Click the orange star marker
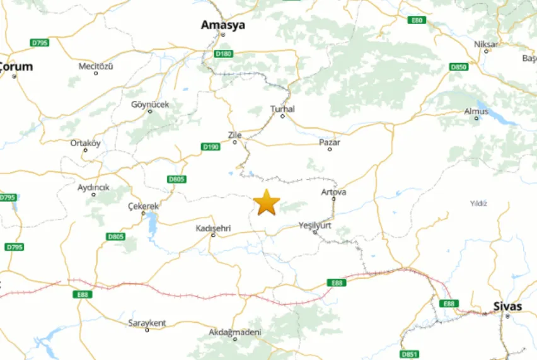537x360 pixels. click(267, 202)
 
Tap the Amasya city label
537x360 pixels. click(222, 25)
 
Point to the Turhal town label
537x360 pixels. click(282, 109)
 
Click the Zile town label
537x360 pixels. click(234, 135)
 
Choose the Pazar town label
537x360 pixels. click(330, 142)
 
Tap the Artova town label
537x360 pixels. click(333, 192)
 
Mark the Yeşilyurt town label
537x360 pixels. click(315, 225)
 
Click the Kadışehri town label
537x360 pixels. click(213, 227)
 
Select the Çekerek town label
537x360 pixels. click(144, 206)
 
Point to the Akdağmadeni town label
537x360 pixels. click(235, 332)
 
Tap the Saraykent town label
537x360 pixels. click(147, 323)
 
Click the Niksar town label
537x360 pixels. click(485, 44)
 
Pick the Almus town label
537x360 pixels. click(476, 111)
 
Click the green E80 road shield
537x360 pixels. click(417, 20)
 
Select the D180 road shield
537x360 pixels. click(223, 54)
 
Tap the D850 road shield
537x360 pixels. click(458, 67)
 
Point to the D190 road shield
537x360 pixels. click(211, 147)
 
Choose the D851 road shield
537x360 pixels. click(409, 354)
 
